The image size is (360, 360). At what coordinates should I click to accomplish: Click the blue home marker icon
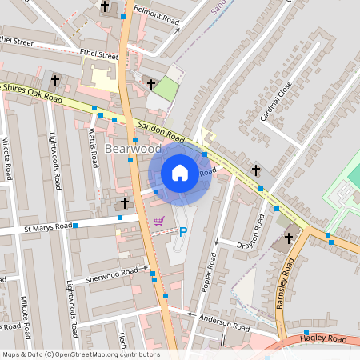tap(180, 172)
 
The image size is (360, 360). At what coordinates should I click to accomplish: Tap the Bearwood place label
tap(133, 149)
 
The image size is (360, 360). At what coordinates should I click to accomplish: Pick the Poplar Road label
tap(210, 272)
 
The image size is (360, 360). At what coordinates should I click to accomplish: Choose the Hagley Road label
tap(323, 340)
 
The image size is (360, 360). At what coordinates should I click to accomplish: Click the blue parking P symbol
tap(183, 232)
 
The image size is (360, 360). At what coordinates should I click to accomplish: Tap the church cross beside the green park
tap(150, 83)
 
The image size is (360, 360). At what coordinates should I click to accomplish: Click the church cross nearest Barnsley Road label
tap(289, 238)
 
